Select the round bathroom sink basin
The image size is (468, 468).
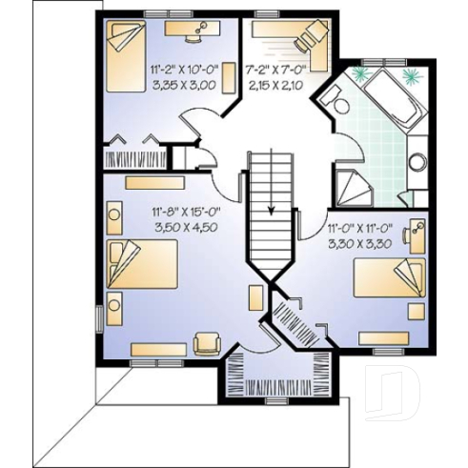pyautogui.click(x=417, y=162)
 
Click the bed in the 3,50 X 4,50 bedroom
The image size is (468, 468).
pyautogui.click(x=141, y=264)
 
